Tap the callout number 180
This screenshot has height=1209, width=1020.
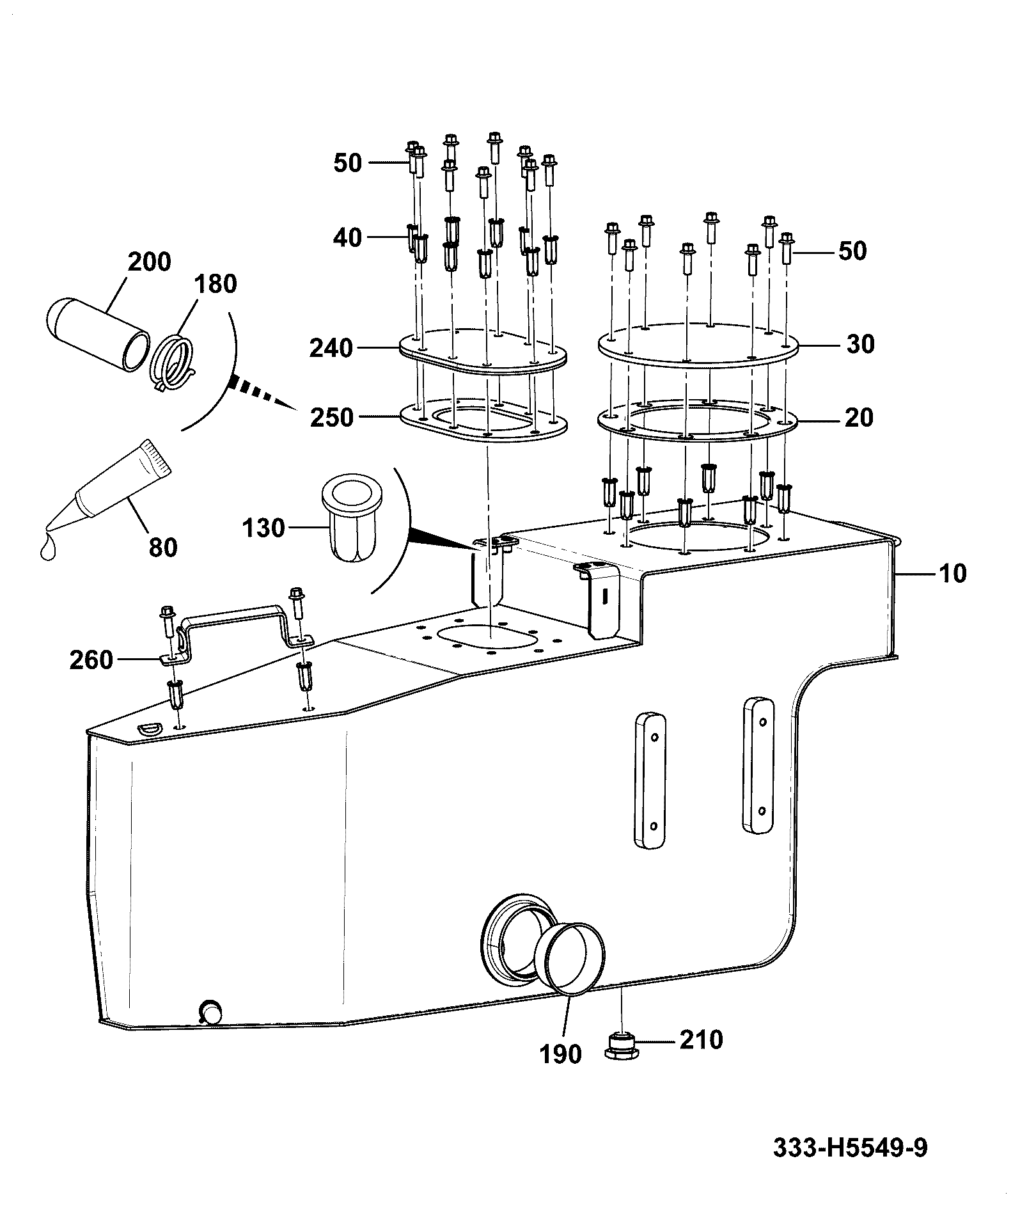coord(216,283)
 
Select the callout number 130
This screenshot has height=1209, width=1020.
coord(263,528)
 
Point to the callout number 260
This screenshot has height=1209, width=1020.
coord(91,660)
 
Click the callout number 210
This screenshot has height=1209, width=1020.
coord(701,1039)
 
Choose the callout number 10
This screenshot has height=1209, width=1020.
coord(953,573)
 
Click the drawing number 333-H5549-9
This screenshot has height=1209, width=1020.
coord(850,1148)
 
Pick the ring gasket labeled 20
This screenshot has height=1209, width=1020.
coord(698,420)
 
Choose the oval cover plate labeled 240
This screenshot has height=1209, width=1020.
coord(483,351)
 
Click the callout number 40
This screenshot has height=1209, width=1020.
coord(348,238)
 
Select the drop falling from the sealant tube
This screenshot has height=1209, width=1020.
coord(47,548)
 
